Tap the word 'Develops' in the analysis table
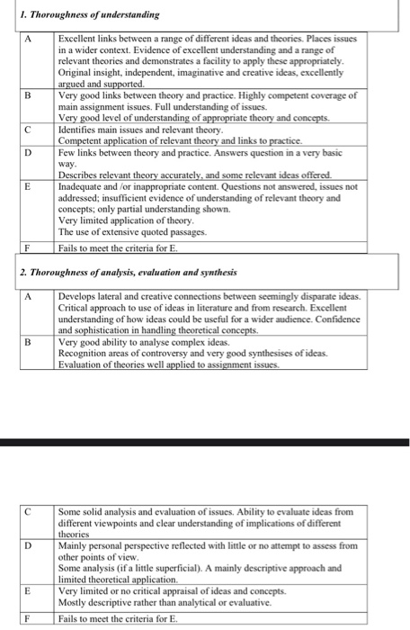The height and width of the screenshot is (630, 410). pos(78,295)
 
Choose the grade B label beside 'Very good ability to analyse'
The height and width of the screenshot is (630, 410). pos(28,342)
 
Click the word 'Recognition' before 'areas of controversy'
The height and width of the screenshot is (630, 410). pos(84,353)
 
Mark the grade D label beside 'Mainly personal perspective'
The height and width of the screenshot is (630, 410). pos(28,545)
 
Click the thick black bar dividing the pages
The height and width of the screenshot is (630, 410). pos(205,442)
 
